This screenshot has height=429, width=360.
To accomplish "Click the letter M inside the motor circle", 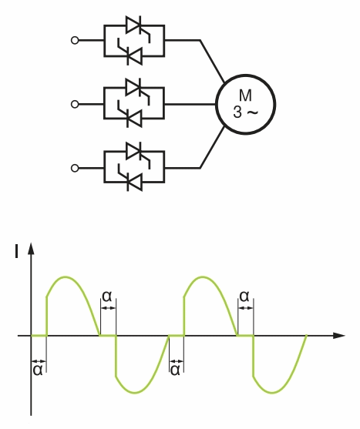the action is point(245,96).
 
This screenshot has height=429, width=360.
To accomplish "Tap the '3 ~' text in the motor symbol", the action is point(245,112).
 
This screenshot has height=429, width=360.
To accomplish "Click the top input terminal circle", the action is point(75,41).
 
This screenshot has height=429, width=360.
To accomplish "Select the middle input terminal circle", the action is point(75,104).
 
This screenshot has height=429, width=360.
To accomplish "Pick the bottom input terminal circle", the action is point(75,168).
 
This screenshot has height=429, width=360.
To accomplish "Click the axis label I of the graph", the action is point(17,251).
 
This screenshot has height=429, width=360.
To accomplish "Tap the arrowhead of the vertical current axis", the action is point(31,248).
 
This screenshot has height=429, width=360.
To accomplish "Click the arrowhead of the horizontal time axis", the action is point(339,335).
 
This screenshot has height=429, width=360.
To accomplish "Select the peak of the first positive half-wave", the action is point(66,277).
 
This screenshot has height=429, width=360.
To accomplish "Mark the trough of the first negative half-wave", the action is point(135,393).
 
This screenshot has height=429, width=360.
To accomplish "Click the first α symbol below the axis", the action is point(38,370).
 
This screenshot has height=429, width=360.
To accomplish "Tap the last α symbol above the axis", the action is point(244,296).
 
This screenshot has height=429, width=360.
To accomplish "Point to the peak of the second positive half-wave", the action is point(203,277).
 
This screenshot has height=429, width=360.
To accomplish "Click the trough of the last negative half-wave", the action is point(272,393).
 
